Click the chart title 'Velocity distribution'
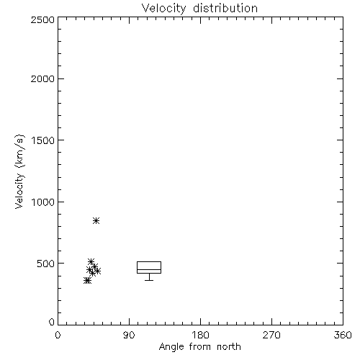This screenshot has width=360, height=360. click(199, 8)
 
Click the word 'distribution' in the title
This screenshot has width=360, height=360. click(225, 8)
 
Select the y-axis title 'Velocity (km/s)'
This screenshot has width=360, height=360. click(19, 171)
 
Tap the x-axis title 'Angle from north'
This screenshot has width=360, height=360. click(199, 347)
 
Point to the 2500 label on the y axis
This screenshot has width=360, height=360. click(42, 19)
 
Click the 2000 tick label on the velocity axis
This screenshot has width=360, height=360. click(42, 78)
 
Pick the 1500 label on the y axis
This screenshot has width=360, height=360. click(43, 140)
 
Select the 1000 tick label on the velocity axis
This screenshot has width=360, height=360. click(43, 202)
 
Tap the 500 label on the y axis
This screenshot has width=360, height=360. click(46, 264)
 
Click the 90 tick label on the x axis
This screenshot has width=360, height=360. click(129, 335)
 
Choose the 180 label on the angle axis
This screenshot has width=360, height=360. click(200, 335)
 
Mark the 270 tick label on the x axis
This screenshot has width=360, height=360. click(271, 335)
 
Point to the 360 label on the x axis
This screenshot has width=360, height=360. click(343, 335)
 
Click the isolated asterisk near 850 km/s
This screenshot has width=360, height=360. click(96, 220)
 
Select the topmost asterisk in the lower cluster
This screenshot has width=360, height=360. click(91, 261)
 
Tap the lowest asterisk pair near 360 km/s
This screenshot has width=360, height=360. click(88, 280)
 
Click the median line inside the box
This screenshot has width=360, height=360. click(149, 269)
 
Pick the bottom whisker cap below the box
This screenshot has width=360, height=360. click(149, 280)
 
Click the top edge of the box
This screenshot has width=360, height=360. click(149, 261)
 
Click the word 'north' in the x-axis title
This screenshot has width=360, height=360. click(229, 347)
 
